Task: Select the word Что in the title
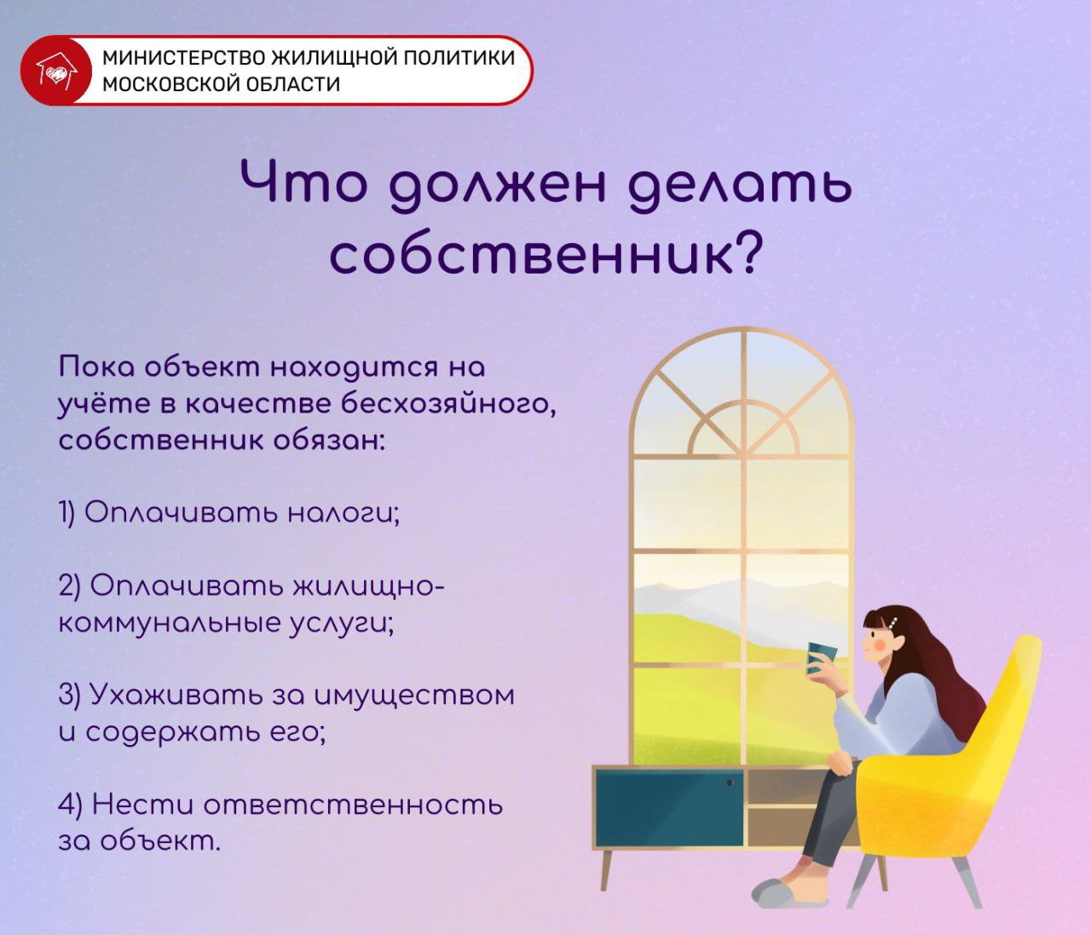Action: (x=302, y=184)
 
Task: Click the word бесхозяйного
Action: (x=448, y=404)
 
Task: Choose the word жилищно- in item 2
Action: (x=369, y=586)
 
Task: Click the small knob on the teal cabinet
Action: (x=730, y=782)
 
